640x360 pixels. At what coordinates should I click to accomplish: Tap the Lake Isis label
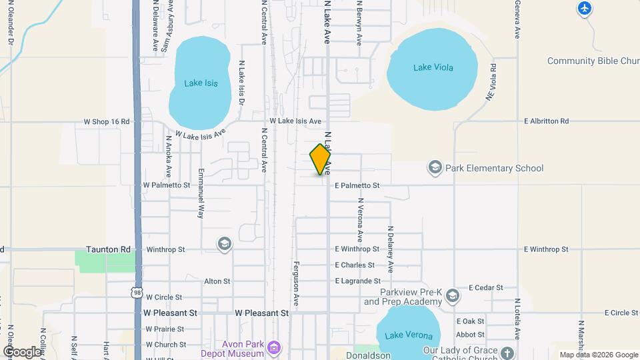[x=201, y=83]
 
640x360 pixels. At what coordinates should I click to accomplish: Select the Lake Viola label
[x=431, y=67]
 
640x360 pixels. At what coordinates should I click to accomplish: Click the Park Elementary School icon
[x=435, y=167]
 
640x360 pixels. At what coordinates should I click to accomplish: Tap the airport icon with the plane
[x=585, y=8]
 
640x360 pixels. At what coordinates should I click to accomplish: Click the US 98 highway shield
[x=137, y=292]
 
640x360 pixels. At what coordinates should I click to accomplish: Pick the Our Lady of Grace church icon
[x=508, y=351]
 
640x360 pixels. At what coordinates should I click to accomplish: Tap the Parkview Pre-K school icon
[x=453, y=295]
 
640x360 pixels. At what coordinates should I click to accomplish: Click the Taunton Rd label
[x=109, y=249]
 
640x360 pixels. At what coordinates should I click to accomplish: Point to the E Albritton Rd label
[x=546, y=121]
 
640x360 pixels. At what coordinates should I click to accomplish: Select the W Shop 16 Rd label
[x=106, y=122]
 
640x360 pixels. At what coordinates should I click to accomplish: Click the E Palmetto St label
[x=357, y=185]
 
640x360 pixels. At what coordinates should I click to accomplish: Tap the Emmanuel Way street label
[x=200, y=193]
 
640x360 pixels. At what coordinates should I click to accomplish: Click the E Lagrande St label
[x=357, y=281]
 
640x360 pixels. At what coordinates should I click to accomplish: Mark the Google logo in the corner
[x=22, y=351]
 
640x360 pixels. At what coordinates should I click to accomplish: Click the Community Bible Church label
[x=593, y=61]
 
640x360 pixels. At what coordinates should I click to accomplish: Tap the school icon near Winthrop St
[x=225, y=245]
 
